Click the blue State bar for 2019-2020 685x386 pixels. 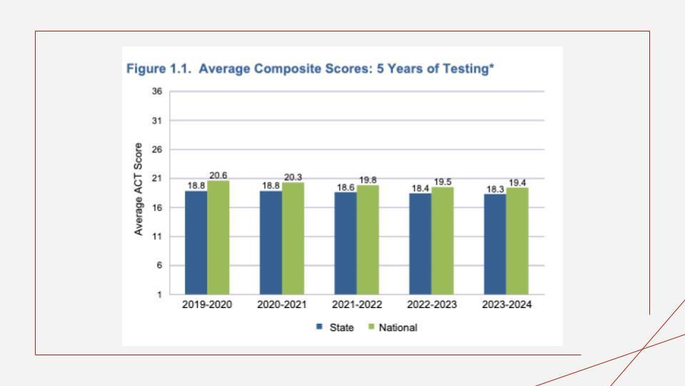click(196, 242)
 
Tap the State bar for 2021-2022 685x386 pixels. click(345, 243)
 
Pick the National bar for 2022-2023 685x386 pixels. click(442, 240)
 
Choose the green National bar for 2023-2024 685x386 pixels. click(517, 241)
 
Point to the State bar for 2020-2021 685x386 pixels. click(270, 242)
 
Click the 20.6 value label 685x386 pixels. click(218, 175)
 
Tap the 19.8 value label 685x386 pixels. click(368, 180)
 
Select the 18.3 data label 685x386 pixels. click(494, 189)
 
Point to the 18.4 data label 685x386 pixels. click(420, 188)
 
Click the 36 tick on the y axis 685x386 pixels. click(156, 91)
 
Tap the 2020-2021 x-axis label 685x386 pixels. click(282, 305)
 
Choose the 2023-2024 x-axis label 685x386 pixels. click(507, 305)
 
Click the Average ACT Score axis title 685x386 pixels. click(138, 189)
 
